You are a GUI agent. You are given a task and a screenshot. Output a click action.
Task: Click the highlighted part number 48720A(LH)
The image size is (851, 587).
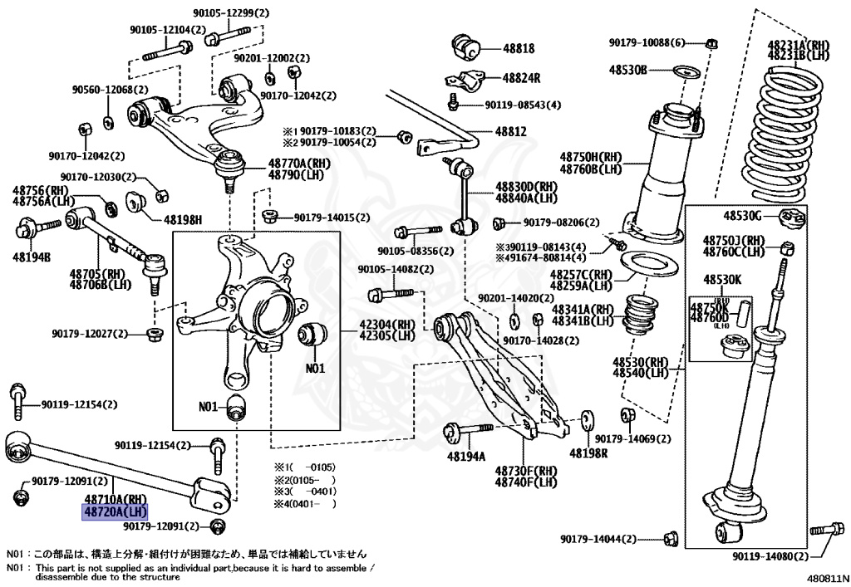(x=113, y=512)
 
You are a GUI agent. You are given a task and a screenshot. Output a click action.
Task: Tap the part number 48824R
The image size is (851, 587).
(x=521, y=78)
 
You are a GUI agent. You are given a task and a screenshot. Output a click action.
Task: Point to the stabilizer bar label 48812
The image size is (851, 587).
(x=511, y=131)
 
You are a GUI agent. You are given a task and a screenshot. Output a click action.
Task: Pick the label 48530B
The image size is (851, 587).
(x=627, y=70)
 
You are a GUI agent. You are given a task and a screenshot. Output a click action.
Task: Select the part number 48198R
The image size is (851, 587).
(x=588, y=453)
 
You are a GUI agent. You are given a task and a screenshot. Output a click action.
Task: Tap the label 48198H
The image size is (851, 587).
(x=182, y=220)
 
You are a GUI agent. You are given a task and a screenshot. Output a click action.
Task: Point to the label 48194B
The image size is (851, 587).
(x=31, y=257)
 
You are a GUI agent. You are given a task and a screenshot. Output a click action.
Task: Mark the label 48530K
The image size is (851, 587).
(x=724, y=279)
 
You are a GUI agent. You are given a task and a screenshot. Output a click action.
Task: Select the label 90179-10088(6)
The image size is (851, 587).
(x=647, y=42)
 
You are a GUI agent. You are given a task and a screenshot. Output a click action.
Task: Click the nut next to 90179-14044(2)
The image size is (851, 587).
(x=671, y=541)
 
